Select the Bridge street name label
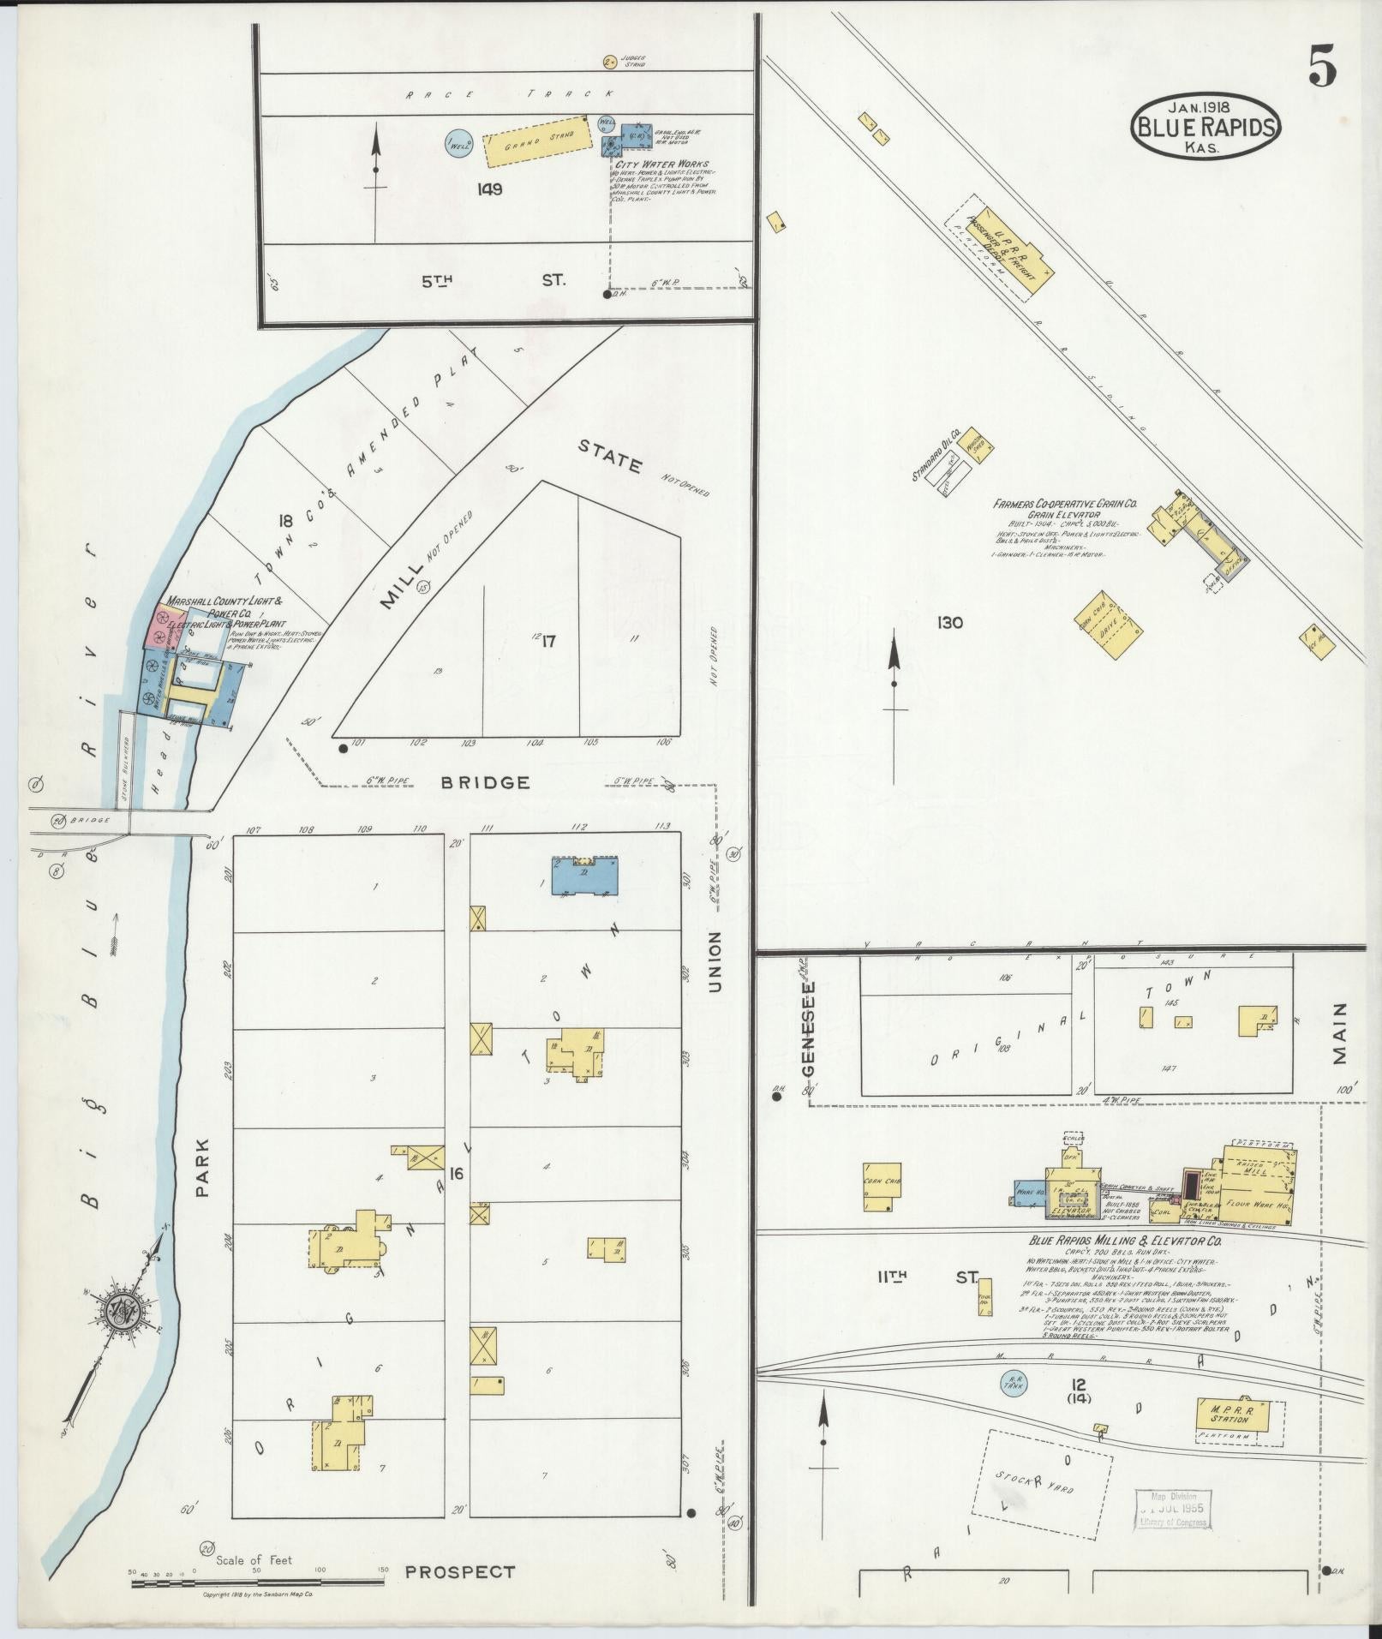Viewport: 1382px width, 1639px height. click(486, 782)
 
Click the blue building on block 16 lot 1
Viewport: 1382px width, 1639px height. click(586, 876)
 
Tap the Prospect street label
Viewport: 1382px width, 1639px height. click(460, 1571)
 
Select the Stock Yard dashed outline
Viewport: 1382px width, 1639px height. click(1042, 1481)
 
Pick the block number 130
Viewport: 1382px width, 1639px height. click(949, 622)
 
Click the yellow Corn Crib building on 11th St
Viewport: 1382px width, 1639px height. click(882, 1186)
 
